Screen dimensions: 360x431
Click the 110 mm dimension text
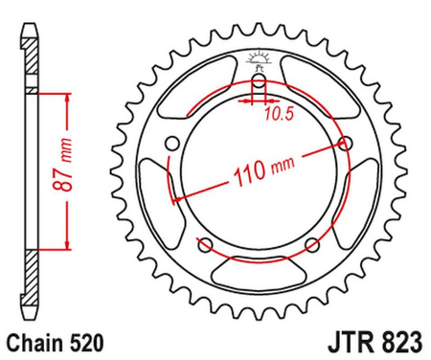tap(259, 171)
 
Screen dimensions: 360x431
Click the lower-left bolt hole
tap(204, 245)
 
